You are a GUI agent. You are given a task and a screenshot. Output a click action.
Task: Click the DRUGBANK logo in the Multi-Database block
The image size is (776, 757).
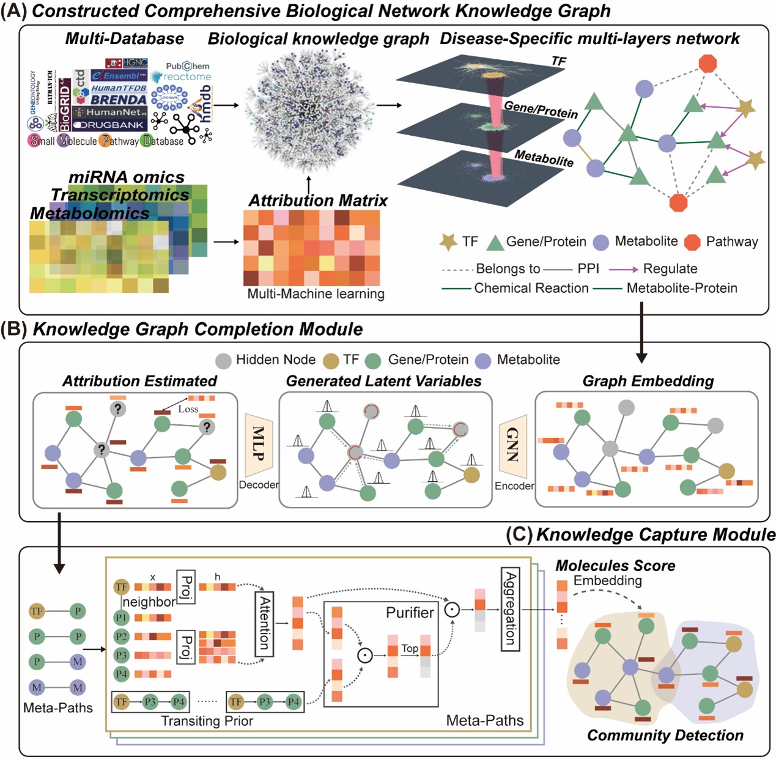click(x=109, y=125)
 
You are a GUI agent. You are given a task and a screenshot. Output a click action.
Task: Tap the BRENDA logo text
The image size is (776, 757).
click(x=119, y=99)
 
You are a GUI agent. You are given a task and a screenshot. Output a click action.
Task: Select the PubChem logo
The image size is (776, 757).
click(x=187, y=66)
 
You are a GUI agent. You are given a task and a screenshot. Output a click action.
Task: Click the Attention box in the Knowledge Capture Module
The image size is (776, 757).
click(x=264, y=624)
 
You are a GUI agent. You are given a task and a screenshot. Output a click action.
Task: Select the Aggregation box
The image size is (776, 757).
click(x=510, y=608)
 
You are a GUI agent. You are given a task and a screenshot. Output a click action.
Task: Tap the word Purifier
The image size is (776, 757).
click(x=410, y=612)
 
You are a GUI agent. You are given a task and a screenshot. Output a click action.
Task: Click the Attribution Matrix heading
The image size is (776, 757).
click(x=318, y=201)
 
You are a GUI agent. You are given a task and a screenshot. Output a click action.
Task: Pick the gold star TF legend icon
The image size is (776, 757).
click(x=448, y=242)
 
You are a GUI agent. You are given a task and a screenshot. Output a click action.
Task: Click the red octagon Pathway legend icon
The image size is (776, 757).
click(x=692, y=242)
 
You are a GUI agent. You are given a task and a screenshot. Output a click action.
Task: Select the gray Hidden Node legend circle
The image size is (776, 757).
click(x=224, y=360)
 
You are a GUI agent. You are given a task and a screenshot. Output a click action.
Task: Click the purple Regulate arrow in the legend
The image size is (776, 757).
click(x=623, y=269)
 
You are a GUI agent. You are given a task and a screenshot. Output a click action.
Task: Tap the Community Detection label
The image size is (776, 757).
click(x=665, y=735)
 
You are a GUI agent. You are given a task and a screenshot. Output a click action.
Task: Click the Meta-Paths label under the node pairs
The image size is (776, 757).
click(x=57, y=707)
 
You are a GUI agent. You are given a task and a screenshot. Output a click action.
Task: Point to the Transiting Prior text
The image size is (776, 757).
click(x=207, y=721)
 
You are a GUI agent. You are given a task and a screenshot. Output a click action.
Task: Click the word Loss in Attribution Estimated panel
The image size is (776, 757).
click(x=188, y=409)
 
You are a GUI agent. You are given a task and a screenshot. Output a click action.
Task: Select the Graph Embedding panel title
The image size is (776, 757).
click(x=648, y=381)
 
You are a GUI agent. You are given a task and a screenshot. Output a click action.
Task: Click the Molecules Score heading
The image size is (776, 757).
click(x=615, y=566)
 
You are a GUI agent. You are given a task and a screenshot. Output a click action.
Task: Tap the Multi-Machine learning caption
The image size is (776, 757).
click(x=316, y=294)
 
